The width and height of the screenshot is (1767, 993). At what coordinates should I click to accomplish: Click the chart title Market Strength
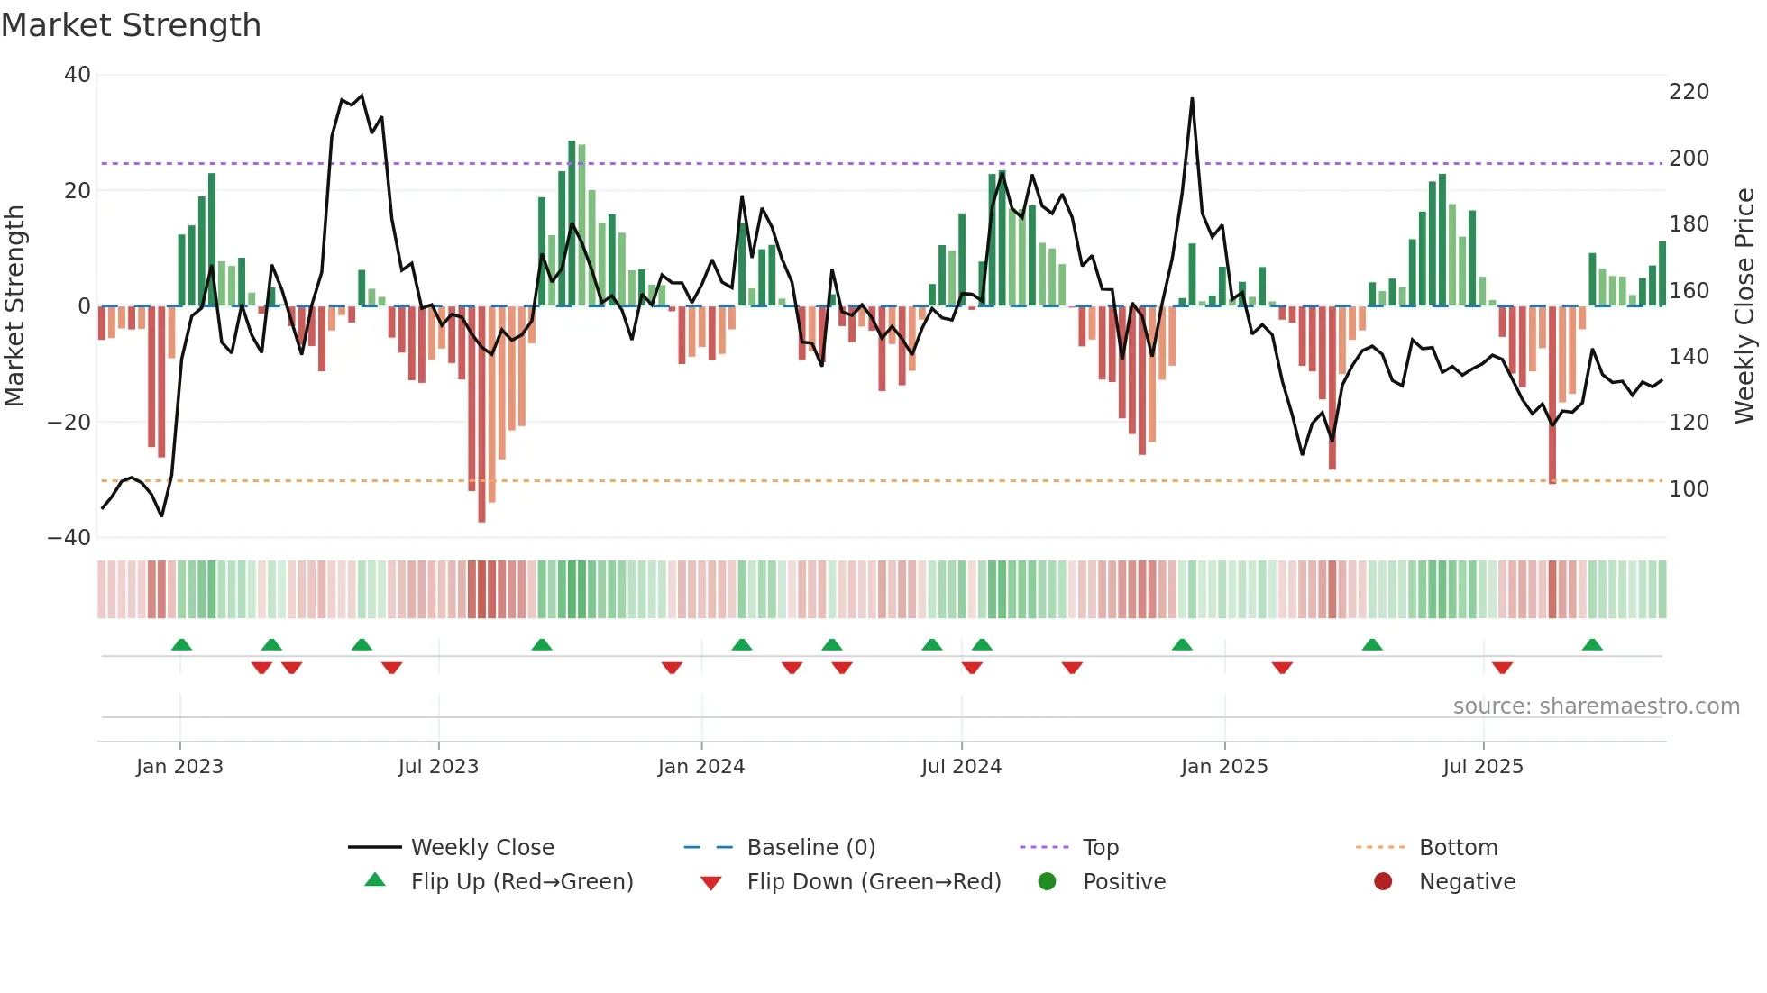point(131,25)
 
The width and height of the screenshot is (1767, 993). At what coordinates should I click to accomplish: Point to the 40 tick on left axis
point(78,75)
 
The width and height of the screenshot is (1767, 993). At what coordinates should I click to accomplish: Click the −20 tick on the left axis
point(69,422)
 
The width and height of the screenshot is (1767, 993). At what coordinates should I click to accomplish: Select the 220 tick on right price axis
point(1689,92)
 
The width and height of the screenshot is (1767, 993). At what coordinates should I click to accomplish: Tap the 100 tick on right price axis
point(1689,488)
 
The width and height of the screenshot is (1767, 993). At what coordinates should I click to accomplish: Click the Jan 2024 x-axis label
point(700,767)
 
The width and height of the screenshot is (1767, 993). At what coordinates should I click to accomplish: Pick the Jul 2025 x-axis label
point(1482,767)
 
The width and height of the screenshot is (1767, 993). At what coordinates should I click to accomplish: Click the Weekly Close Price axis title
point(1744,305)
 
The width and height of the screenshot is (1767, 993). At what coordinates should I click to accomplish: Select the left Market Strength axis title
point(15,305)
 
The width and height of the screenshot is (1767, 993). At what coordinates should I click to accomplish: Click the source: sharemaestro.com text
point(1596,706)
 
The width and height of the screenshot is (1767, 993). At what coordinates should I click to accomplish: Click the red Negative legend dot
point(1383,882)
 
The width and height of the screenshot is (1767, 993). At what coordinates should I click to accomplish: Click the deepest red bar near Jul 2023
point(481,415)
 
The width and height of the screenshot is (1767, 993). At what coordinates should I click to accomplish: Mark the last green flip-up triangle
point(1592,644)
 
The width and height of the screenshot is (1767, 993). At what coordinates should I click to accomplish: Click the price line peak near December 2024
point(1192,99)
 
